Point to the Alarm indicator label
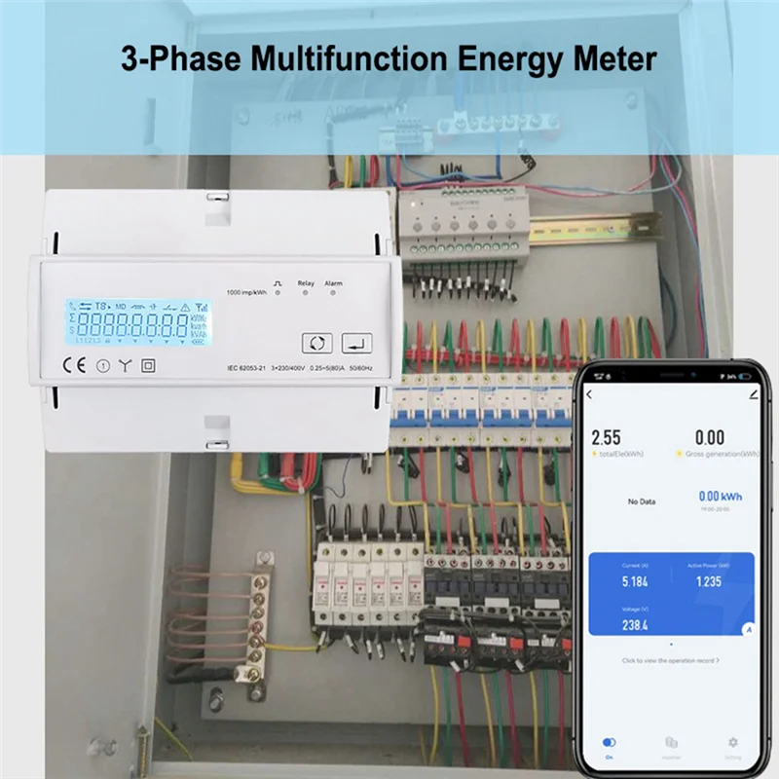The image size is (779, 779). (333, 282)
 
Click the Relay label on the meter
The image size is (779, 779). (306, 282)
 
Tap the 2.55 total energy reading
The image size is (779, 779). (606, 438)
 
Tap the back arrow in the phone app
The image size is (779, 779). (589, 395)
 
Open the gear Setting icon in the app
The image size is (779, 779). (733, 743)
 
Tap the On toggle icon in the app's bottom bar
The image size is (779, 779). (610, 743)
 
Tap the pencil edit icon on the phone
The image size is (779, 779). (754, 395)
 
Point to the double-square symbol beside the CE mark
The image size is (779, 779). (149, 367)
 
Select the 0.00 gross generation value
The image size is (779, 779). (709, 438)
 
